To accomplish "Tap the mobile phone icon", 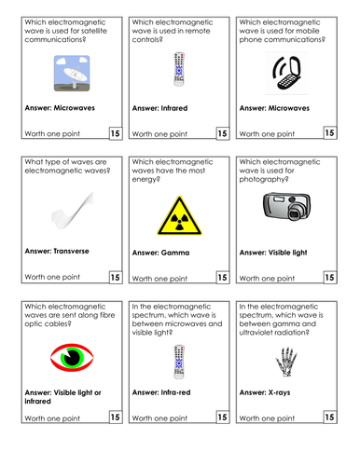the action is tap(285, 70).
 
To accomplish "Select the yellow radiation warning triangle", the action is tap(177, 215).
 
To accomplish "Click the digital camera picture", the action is tap(284, 208).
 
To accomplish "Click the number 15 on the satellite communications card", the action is tap(115, 133).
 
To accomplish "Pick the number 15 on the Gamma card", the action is tap(222, 277).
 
